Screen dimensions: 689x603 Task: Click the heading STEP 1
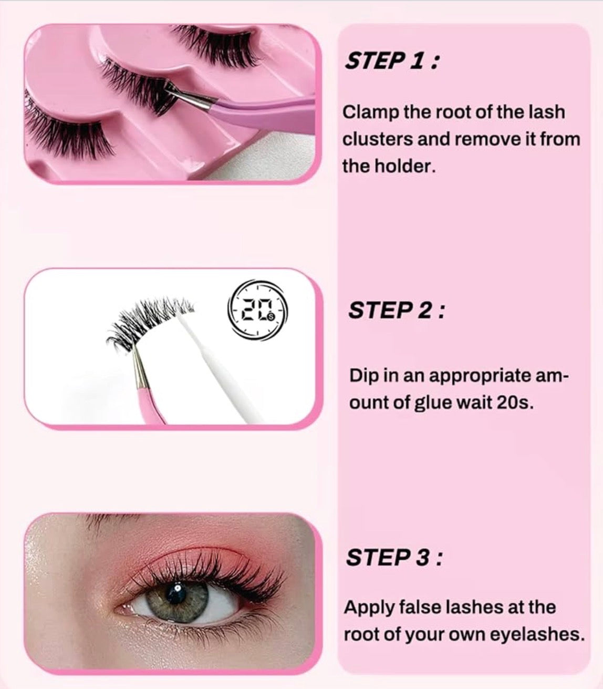(392, 61)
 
